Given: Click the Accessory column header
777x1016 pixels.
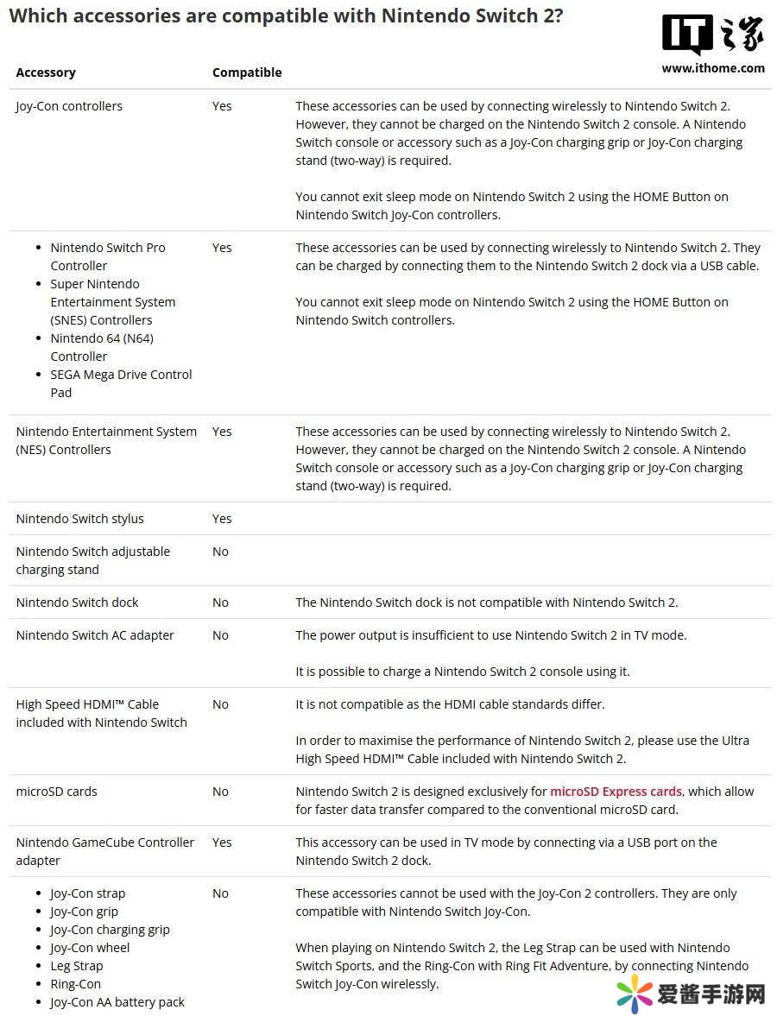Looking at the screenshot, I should (x=46, y=73).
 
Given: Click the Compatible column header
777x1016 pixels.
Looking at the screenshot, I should (x=247, y=73).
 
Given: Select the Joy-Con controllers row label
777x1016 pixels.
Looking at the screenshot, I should (x=69, y=106).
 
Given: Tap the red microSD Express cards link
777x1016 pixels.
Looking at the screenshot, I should (x=616, y=792).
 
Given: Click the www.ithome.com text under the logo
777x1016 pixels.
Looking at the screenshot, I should (x=713, y=68).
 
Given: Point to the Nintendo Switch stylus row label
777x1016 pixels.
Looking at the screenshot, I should (x=79, y=519).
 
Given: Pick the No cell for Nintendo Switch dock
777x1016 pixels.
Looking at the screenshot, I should (x=220, y=603).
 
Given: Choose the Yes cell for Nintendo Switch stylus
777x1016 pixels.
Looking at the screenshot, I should (x=222, y=519).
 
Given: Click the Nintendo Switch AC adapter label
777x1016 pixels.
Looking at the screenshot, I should (x=95, y=635).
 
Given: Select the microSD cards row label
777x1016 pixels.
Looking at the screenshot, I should (x=56, y=792).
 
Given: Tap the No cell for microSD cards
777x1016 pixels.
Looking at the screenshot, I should (x=220, y=792).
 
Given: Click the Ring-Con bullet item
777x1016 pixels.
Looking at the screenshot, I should (x=75, y=984).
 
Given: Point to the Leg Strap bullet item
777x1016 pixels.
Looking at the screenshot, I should (x=76, y=966).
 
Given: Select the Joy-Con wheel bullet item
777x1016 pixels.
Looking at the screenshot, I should (x=90, y=948).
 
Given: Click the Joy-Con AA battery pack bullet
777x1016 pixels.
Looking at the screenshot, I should (x=117, y=1002).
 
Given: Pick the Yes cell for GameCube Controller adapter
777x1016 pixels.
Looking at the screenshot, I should (x=222, y=842).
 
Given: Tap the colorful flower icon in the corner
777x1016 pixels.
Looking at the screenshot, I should (x=635, y=994).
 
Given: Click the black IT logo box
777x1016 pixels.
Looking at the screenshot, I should (x=687, y=35).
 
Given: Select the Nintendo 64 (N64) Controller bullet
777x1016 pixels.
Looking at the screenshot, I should (x=102, y=347).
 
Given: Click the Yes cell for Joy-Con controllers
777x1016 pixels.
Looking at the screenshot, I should (x=222, y=106).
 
